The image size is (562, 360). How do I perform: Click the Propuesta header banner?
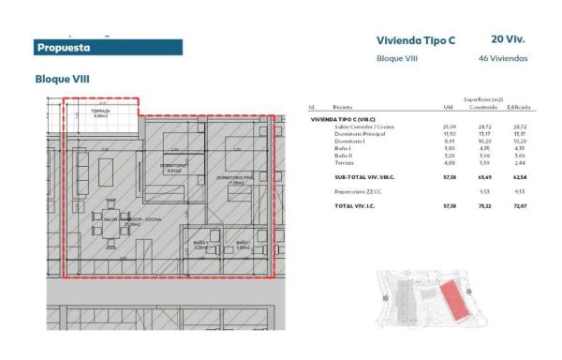pyautogui.click(x=107, y=47)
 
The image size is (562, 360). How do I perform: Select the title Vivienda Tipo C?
pyautogui.click(x=415, y=40)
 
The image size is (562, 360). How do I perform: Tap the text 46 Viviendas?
pyautogui.click(x=503, y=58)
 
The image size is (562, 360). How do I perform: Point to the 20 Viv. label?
pyautogui.click(x=507, y=39)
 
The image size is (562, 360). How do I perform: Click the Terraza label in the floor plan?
pyautogui.click(x=101, y=112)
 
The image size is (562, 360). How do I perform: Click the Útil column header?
pyautogui.click(x=448, y=108)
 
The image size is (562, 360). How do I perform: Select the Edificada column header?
pyautogui.click(x=518, y=108)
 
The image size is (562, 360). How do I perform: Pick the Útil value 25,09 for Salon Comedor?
pyautogui.click(x=449, y=126)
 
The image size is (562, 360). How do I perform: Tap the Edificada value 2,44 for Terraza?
pyautogui.click(x=521, y=163)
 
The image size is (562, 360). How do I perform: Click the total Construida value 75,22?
pyautogui.click(x=485, y=205)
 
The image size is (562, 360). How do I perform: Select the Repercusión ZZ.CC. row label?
pyautogui.click(x=357, y=191)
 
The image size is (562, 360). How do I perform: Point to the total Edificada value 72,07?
pyautogui.click(x=520, y=205)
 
